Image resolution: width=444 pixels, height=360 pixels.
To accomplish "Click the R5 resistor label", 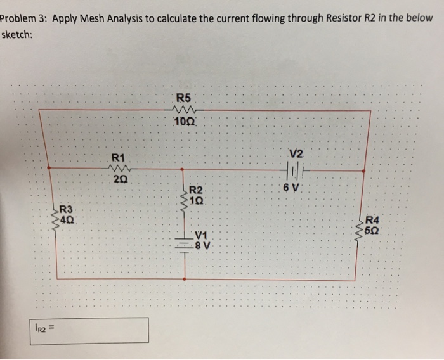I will [x=184, y=98].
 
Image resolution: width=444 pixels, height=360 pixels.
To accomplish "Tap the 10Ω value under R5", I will [x=183, y=122].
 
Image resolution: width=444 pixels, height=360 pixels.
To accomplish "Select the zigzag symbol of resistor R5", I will [x=184, y=110].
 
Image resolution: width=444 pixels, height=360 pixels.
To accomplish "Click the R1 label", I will [x=119, y=156].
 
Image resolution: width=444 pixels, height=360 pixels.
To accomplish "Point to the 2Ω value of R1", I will [x=119, y=180].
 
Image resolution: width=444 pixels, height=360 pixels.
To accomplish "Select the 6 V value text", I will [x=292, y=188].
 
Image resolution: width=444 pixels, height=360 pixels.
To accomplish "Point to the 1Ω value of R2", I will [x=197, y=200].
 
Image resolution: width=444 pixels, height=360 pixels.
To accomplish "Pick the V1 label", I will [x=202, y=235].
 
